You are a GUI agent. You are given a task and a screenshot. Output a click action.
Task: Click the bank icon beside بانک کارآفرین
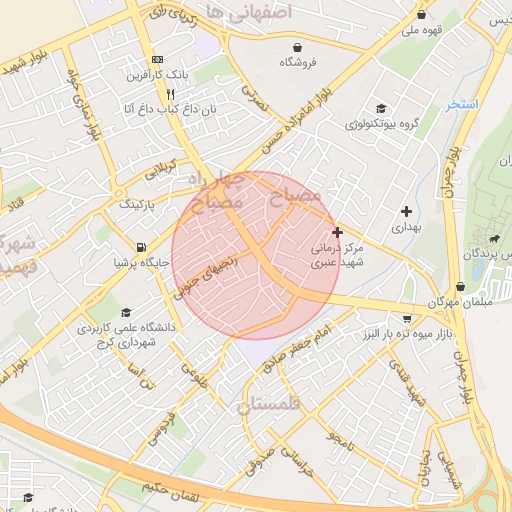tap(156, 60)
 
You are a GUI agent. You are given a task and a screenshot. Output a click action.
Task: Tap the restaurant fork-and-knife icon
tap(171, 93)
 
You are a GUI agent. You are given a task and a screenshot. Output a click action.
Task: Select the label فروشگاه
tap(297, 62)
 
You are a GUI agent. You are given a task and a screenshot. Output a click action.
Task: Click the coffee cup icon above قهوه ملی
tap(421, 14)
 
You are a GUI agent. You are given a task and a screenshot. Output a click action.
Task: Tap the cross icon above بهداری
tap(405, 211)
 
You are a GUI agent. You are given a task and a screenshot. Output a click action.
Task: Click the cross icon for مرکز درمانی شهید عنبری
tap(337, 231)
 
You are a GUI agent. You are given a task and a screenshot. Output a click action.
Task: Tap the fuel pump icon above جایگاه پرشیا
tap(139, 248)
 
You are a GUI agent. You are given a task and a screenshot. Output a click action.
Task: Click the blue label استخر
tap(463, 104)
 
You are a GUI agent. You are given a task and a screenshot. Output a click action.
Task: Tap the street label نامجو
tap(340, 437)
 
